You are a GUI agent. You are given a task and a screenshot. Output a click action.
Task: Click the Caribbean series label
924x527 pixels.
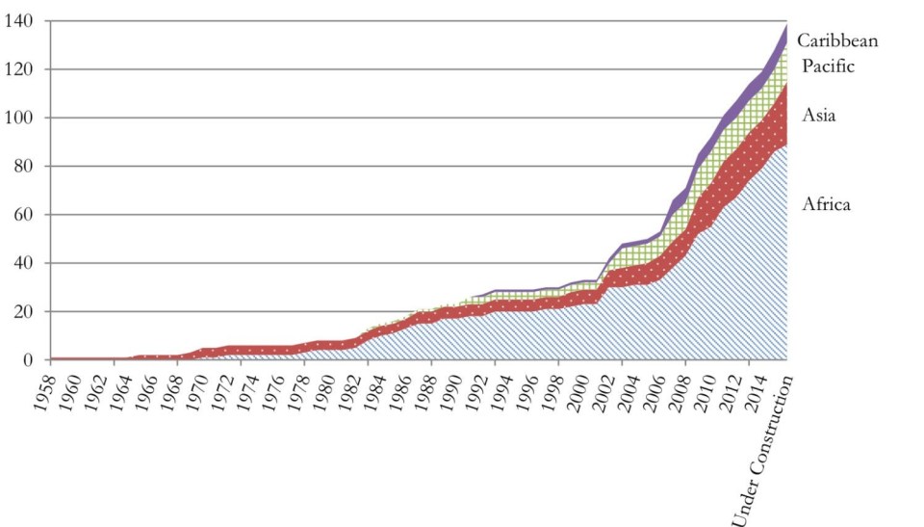[837, 40]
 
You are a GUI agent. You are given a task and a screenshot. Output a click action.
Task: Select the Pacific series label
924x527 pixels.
[828, 66]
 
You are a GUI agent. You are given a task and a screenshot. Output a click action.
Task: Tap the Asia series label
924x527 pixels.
[818, 116]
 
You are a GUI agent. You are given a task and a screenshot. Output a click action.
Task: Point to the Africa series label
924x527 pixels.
[826, 204]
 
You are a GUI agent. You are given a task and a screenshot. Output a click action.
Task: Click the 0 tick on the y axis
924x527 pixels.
[28, 360]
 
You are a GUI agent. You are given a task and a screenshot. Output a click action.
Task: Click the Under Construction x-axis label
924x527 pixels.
[765, 449]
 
